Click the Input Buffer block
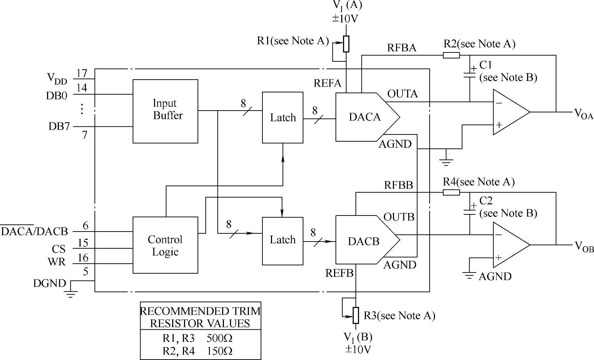[165, 111]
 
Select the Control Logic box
[165, 245]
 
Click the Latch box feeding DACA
[283, 117]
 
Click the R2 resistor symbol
[451, 55]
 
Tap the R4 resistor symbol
[451, 192]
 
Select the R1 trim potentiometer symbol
[346, 44]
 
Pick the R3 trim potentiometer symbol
[356, 315]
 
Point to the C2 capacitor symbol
[470, 212]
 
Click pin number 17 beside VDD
[82, 73]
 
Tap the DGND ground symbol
[71, 293]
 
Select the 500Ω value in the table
[219, 338]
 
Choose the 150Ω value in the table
[219, 351]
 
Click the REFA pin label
[327, 83]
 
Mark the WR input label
[57, 262]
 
